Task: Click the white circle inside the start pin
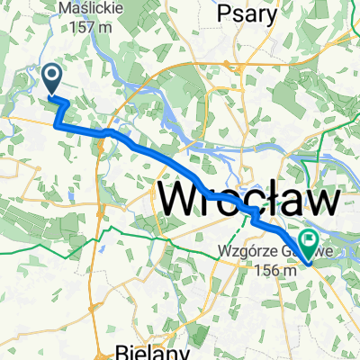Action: tap(53, 75)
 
